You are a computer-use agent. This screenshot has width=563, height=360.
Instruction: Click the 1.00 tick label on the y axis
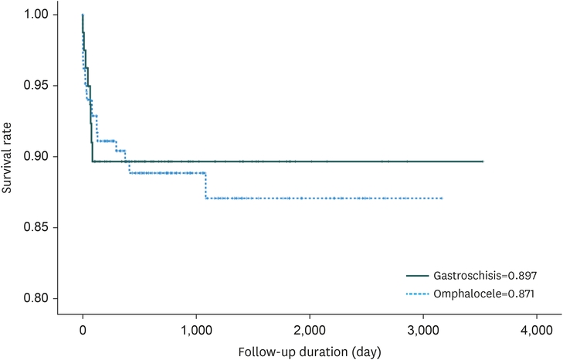click(x=35, y=15)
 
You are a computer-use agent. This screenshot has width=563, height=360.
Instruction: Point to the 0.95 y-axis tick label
click(x=35, y=86)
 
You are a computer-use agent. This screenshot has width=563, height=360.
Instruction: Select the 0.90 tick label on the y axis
click(x=35, y=157)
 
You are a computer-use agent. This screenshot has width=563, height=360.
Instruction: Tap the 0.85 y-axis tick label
click(x=35, y=228)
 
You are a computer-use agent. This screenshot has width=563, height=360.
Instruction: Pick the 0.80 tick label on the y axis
click(x=35, y=299)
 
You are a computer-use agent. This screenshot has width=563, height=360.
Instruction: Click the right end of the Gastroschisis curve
click(x=483, y=161)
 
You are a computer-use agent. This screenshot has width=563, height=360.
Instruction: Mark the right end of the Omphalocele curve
click(x=442, y=199)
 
